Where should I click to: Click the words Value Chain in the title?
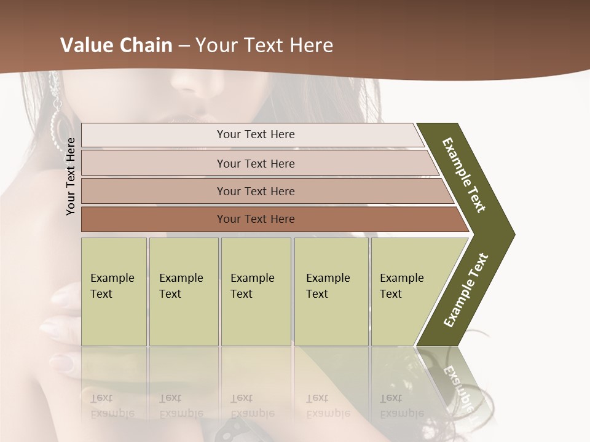116,45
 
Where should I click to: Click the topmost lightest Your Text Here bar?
255,134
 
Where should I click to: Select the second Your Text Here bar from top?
255,163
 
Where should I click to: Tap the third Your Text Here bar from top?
255,191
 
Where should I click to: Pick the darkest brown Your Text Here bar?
255,219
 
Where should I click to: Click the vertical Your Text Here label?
71,177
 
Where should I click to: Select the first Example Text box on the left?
114,291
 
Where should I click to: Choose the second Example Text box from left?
183,291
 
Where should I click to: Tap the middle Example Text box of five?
256,291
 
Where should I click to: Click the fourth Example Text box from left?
331,291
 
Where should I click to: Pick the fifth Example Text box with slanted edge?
406,291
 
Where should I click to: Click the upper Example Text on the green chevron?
464,175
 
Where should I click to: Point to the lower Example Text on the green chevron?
466,290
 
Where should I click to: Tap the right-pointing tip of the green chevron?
511,234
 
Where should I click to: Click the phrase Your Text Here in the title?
264,45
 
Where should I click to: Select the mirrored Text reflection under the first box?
101,398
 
